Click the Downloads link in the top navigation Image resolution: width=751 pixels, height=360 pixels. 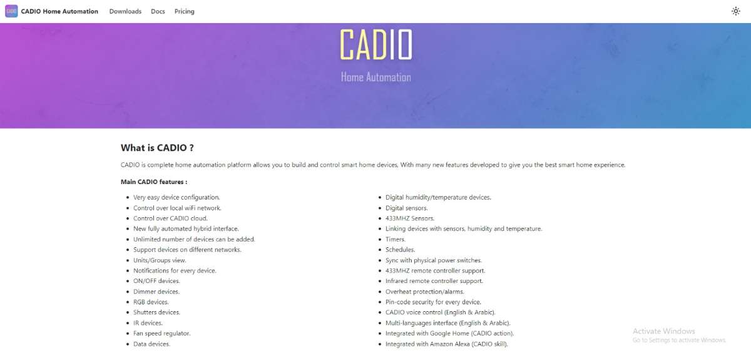click(x=125, y=11)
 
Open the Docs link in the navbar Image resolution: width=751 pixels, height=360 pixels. click(x=158, y=11)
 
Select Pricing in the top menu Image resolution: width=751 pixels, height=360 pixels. click(x=185, y=11)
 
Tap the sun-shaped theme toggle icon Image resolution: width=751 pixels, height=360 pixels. click(x=735, y=11)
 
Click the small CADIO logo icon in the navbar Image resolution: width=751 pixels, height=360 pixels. click(x=11, y=11)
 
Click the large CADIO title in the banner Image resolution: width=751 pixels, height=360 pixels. click(x=376, y=44)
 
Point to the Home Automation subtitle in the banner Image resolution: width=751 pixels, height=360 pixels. click(x=376, y=77)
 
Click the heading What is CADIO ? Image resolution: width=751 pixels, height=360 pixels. click(x=157, y=148)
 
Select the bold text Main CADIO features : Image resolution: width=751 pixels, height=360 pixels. click(x=154, y=182)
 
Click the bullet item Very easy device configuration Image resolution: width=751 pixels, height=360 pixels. click(x=176, y=197)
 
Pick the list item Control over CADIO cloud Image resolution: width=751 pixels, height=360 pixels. click(x=170, y=218)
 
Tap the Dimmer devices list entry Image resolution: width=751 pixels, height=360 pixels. click(x=156, y=292)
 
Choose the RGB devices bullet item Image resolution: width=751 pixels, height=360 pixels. click(x=151, y=302)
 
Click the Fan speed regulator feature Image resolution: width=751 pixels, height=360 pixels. click(x=162, y=334)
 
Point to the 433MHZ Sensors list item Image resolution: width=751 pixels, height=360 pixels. click(x=410, y=218)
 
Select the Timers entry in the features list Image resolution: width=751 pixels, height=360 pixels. click(x=396, y=239)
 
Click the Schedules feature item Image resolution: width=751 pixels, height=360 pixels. click(x=401, y=250)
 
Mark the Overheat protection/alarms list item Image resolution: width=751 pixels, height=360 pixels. click(x=425, y=292)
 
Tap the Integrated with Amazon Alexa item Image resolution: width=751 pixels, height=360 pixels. click(x=447, y=344)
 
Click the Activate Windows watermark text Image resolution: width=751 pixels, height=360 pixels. click(x=664, y=331)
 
